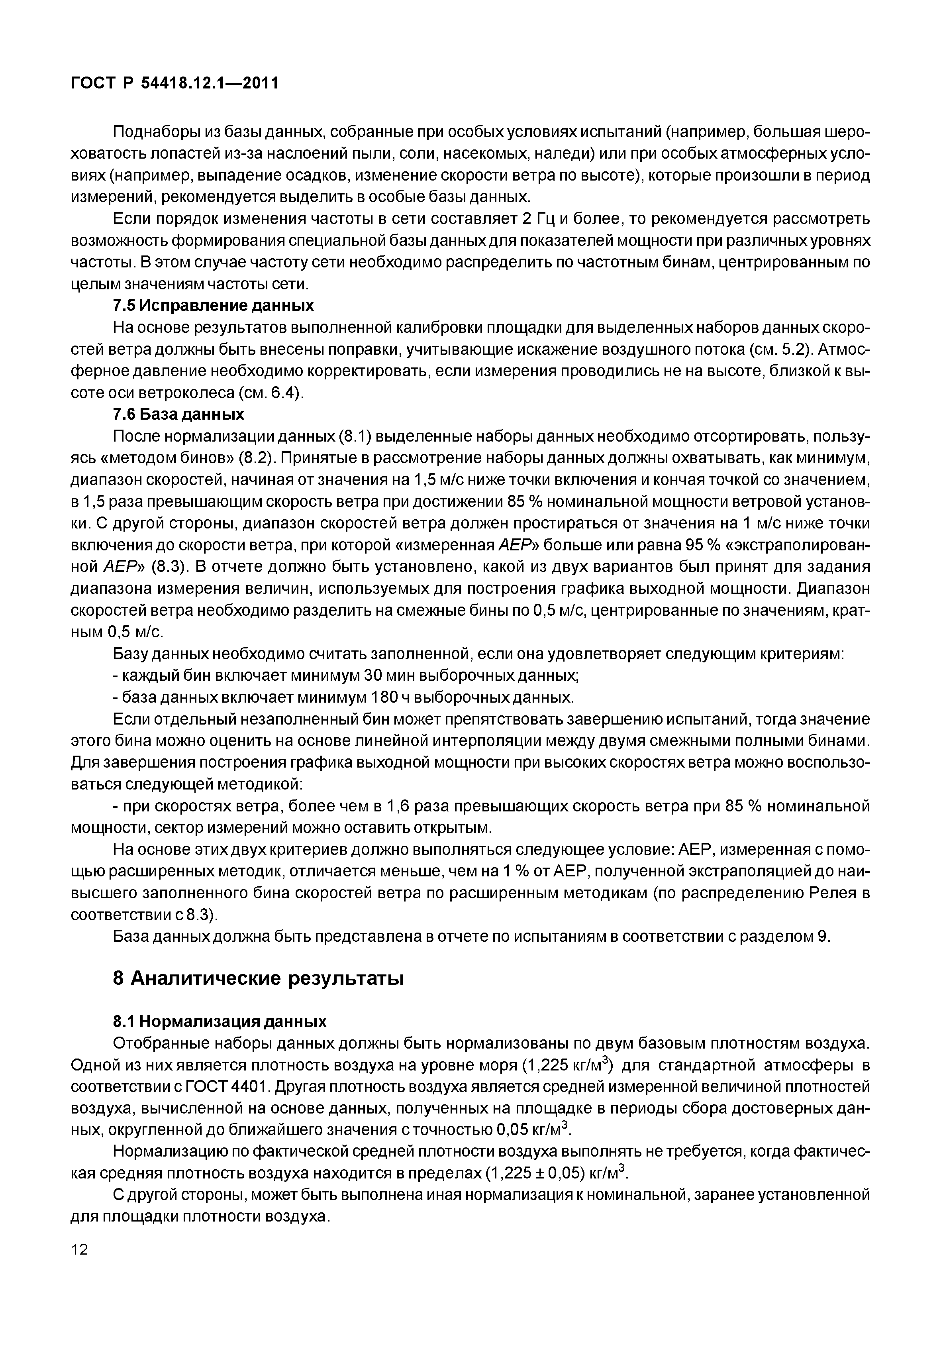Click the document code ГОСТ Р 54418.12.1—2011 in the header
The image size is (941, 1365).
174,83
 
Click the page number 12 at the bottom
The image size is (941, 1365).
79,1266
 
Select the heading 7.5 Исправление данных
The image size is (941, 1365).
213,306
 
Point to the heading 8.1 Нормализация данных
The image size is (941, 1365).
220,1021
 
